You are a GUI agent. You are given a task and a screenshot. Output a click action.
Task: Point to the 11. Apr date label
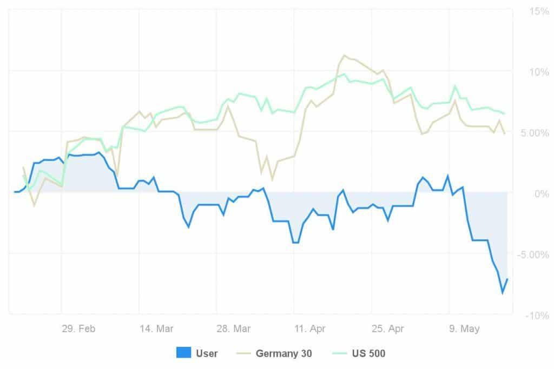coord(310,329)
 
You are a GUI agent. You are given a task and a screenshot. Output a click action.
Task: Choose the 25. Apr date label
coord(388,329)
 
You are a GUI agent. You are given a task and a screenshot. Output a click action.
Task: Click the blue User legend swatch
coord(183,353)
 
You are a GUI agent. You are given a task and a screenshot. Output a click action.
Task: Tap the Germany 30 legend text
coord(283,354)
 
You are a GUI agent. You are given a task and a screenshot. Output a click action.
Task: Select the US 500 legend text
coord(368,354)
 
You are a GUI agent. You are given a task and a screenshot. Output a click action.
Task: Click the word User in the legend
coord(207,354)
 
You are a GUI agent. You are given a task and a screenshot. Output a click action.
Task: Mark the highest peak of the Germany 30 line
coord(344,55)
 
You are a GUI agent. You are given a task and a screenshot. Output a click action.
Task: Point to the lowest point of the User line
coord(503,293)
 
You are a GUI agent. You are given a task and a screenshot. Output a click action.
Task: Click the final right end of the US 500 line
coord(504,113)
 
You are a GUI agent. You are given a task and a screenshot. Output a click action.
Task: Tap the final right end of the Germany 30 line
coord(504,133)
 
